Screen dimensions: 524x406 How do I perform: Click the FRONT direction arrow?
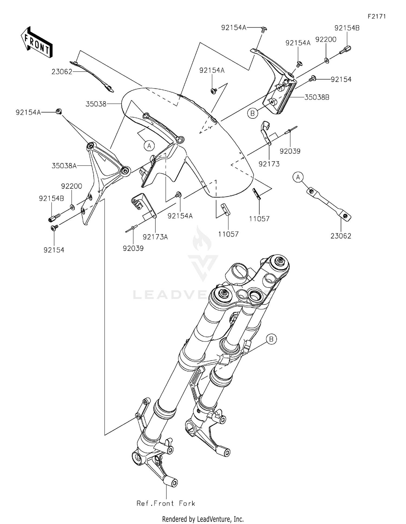click(37, 43)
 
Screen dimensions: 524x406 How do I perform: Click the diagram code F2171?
click(376, 16)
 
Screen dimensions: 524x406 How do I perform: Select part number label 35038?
click(96, 104)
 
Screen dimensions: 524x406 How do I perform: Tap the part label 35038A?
click(64, 166)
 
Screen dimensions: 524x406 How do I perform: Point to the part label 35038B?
click(317, 97)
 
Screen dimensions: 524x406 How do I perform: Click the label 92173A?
click(155, 237)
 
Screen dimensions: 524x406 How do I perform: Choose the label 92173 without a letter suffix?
click(269, 164)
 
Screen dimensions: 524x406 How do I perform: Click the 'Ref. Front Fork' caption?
click(166, 503)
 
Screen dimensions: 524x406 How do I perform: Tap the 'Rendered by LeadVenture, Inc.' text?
click(203, 519)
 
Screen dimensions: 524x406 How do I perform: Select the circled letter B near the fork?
click(271, 339)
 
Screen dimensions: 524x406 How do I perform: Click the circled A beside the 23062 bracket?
click(298, 177)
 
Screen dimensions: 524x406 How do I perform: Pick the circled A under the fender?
click(149, 146)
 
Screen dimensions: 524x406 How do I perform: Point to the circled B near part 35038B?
click(252, 113)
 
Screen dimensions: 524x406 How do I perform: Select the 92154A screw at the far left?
click(58, 111)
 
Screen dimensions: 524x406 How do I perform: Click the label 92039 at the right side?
click(290, 151)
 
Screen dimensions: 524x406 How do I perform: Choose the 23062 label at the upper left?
click(62, 72)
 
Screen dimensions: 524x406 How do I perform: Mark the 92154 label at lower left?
click(54, 250)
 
